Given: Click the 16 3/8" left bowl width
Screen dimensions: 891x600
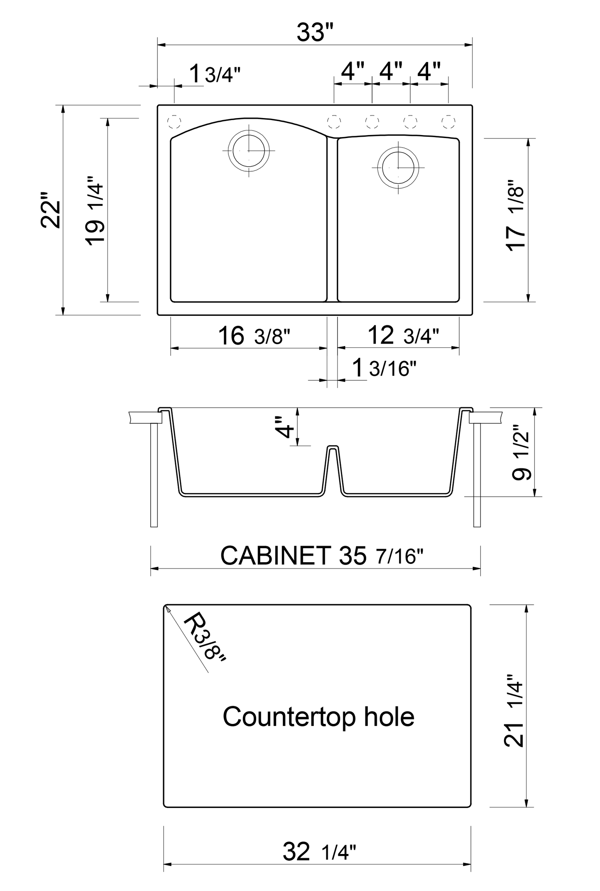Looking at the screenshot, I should click(x=254, y=336).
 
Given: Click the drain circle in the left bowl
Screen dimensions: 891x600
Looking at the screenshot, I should click(x=249, y=150).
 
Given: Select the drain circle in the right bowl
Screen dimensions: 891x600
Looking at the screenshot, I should click(x=398, y=167).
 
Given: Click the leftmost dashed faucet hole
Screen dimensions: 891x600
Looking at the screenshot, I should click(x=174, y=121).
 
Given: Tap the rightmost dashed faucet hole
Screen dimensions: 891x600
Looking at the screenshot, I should click(x=448, y=121).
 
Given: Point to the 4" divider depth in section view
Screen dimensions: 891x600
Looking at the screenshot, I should click(x=287, y=427).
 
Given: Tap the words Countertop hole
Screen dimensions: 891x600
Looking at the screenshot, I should click(x=318, y=716).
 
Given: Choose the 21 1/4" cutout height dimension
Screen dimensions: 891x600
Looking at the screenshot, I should click(x=514, y=710).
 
